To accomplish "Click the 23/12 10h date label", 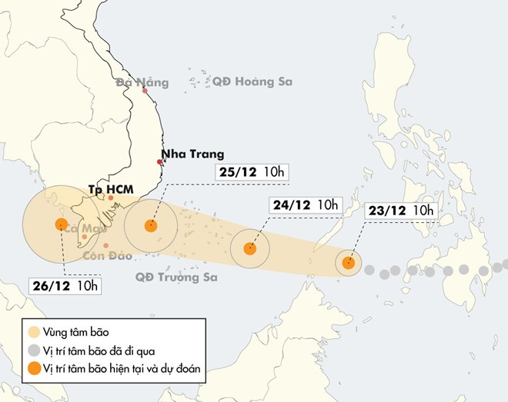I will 400,211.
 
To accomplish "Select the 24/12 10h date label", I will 305,204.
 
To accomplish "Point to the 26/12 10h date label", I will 66,286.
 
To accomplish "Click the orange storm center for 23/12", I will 348,262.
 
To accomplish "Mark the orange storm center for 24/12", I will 249,248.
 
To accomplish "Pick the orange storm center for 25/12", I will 151,225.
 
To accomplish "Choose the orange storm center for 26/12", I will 62,224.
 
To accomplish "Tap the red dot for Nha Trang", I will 160,162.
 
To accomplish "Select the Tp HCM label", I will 111,188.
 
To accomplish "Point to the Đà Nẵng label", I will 136,82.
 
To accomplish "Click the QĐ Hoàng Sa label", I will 252,81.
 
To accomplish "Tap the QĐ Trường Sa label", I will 176,276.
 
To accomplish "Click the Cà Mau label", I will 85,228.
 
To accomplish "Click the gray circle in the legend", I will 35,351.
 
